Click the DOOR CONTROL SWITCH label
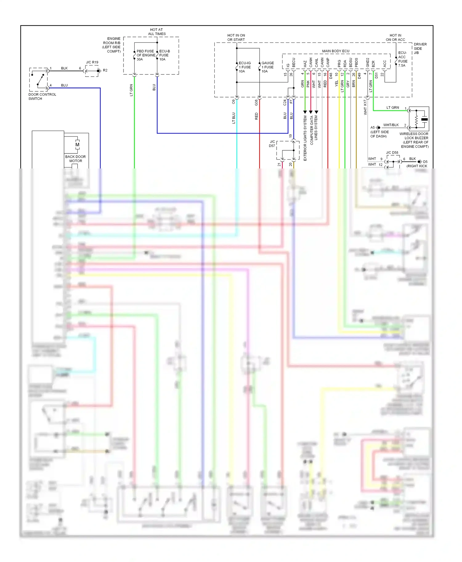[x=42, y=97]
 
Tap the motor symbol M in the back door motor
[x=77, y=144]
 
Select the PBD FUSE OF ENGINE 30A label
[x=145, y=55]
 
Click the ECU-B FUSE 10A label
[x=164, y=55]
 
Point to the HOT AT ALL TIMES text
[x=157, y=32]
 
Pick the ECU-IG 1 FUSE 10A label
[x=245, y=67]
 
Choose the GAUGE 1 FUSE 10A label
[x=267, y=67]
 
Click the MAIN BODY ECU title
[x=335, y=51]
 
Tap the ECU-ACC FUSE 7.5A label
[x=403, y=59]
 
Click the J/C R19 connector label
[x=92, y=62]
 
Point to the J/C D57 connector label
[x=272, y=144]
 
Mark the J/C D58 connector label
[x=392, y=152]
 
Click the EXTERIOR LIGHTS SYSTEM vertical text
[x=305, y=138]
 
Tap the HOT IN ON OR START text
[x=236, y=38]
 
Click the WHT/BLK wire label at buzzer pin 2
[x=391, y=125]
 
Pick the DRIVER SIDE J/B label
[x=420, y=49]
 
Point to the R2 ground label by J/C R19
[x=105, y=70]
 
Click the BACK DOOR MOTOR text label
[x=75, y=159]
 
